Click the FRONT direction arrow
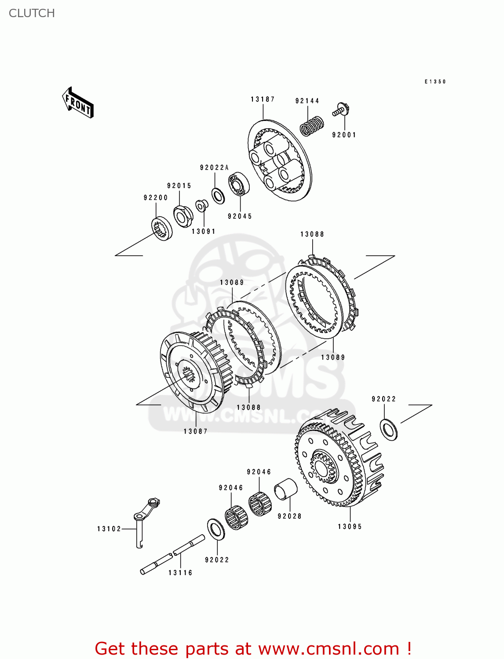tap(78, 103)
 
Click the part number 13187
tap(263, 99)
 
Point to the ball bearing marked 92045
tap(239, 185)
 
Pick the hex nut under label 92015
tap(183, 216)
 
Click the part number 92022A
tap(214, 168)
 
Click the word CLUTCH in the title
tap(32, 13)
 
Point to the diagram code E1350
tap(435, 82)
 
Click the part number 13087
tap(195, 431)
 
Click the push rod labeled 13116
tap(172, 555)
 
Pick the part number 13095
tap(350, 526)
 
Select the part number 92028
tap(289, 516)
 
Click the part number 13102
tap(109, 529)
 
